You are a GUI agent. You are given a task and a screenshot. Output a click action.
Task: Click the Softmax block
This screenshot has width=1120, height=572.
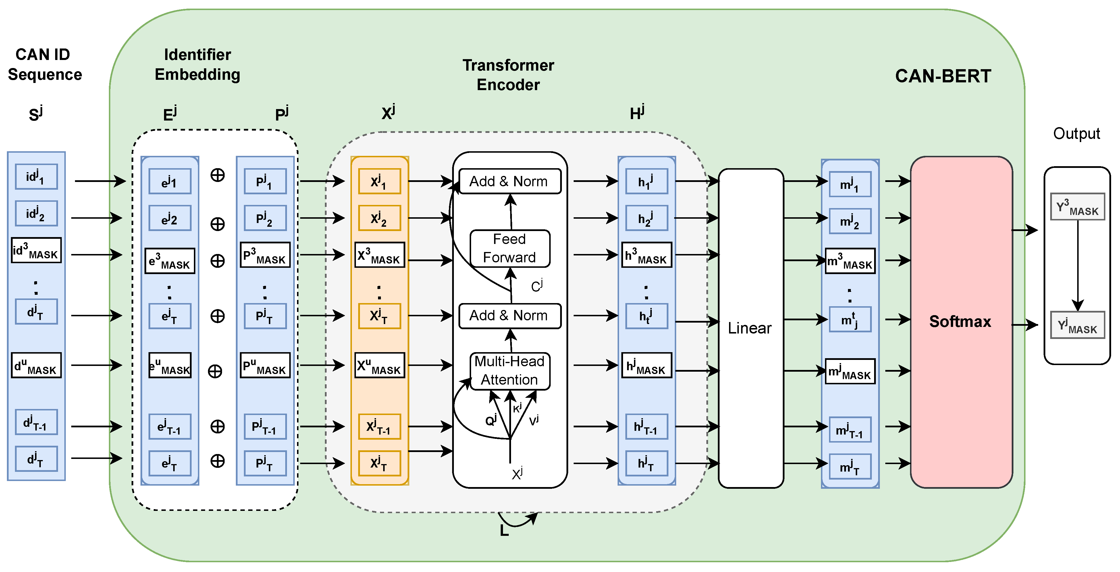pyautogui.click(x=961, y=322)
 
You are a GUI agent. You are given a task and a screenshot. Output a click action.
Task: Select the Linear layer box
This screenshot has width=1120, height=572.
pyautogui.click(x=750, y=328)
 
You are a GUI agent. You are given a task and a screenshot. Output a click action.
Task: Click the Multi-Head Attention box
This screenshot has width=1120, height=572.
pyautogui.click(x=510, y=371)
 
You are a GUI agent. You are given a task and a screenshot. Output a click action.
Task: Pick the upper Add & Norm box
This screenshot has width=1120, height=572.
pyautogui.click(x=510, y=181)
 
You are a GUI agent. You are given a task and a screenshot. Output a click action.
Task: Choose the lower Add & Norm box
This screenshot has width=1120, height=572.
pyautogui.click(x=510, y=316)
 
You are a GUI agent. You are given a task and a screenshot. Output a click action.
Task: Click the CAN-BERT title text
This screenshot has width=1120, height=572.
pyautogui.click(x=942, y=76)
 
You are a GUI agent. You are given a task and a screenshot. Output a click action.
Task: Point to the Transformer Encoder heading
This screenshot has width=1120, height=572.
pyautogui.click(x=508, y=75)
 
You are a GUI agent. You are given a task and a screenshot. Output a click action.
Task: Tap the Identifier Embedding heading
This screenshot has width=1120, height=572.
pyautogui.click(x=197, y=65)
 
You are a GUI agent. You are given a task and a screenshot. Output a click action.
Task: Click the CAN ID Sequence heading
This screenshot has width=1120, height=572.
pyautogui.click(x=44, y=65)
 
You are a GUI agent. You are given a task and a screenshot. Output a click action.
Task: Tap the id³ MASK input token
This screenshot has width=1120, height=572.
pyautogui.click(x=36, y=251)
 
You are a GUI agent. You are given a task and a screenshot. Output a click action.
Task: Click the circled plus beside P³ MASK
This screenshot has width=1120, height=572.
pyautogui.click(x=217, y=261)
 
